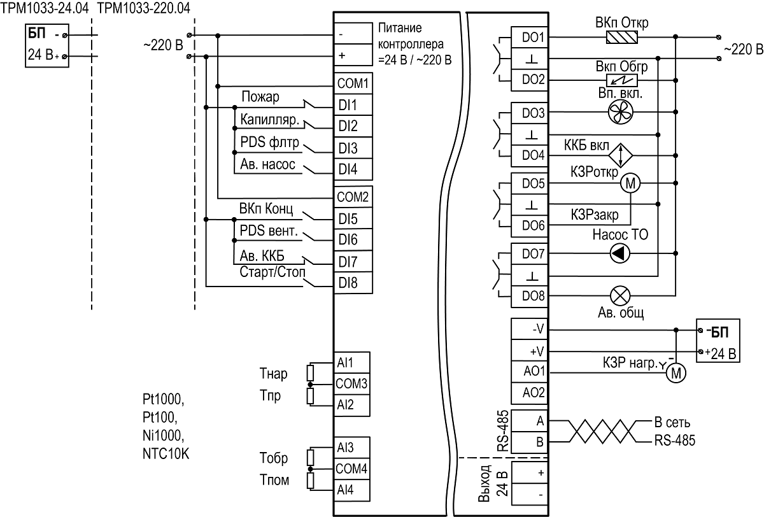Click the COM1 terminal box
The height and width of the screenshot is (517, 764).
353,83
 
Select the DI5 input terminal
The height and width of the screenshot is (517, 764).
353,218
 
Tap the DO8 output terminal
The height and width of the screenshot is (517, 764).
529,296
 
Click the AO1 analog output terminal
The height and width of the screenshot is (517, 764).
529,371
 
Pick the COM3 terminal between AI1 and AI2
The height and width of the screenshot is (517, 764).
351,384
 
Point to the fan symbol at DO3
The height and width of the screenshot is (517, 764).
620,112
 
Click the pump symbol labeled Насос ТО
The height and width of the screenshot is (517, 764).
620,254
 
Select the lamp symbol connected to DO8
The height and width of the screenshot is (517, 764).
620,296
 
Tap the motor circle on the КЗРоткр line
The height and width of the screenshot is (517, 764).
630,183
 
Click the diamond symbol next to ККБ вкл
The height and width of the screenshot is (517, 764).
621,155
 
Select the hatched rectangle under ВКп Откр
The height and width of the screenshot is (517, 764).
622,37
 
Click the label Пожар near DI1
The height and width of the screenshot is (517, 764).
260,97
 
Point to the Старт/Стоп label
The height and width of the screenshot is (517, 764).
272,272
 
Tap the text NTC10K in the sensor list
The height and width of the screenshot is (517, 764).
166,453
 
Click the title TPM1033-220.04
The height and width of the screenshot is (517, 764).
144,8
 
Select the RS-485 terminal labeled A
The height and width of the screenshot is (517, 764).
529,421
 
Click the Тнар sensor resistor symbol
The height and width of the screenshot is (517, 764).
310,373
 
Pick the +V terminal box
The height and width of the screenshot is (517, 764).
529,350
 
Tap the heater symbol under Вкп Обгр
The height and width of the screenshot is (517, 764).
622,80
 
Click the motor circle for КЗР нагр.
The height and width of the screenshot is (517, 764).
676,372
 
